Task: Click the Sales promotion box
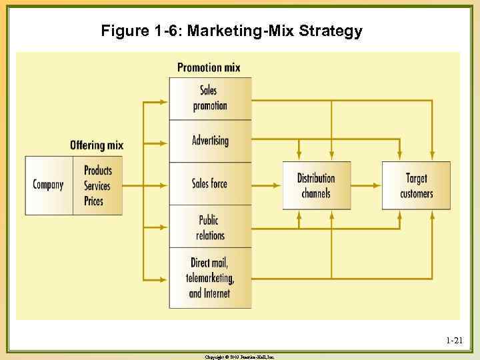coord(210,99)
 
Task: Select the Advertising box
coord(210,141)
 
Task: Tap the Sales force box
coord(210,183)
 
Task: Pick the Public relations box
coord(210,227)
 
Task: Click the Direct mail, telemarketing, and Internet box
coord(210,278)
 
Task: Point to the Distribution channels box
coord(316,185)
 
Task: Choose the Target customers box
coord(416,185)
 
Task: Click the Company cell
coord(49,185)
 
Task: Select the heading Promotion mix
coord(209,67)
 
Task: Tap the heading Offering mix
coord(97,145)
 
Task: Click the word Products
coord(98,171)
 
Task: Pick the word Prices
coord(94,200)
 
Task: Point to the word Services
coord(97,185)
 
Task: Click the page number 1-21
coord(454,341)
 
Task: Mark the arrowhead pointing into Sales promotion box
coord(164,101)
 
